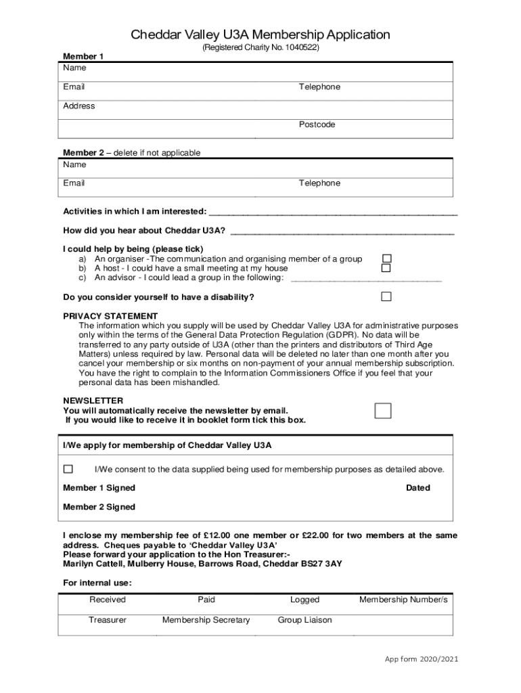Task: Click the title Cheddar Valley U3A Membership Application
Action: (260, 35)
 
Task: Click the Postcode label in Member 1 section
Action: (317, 125)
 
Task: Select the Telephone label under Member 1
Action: (319, 87)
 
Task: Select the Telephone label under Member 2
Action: (319, 183)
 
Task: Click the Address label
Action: (79, 106)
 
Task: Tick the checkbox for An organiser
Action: (386, 259)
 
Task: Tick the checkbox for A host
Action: (386, 268)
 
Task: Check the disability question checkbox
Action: (386, 296)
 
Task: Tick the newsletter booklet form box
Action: (383, 411)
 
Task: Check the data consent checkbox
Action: (68, 469)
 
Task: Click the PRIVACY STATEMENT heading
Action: (110, 316)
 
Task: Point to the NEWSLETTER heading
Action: (93, 401)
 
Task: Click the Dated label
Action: (417, 488)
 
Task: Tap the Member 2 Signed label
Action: (99, 507)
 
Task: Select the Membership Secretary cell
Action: (206, 620)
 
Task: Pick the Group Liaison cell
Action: (304, 620)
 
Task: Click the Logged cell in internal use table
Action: (304, 600)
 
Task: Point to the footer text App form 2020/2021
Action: (422, 660)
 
